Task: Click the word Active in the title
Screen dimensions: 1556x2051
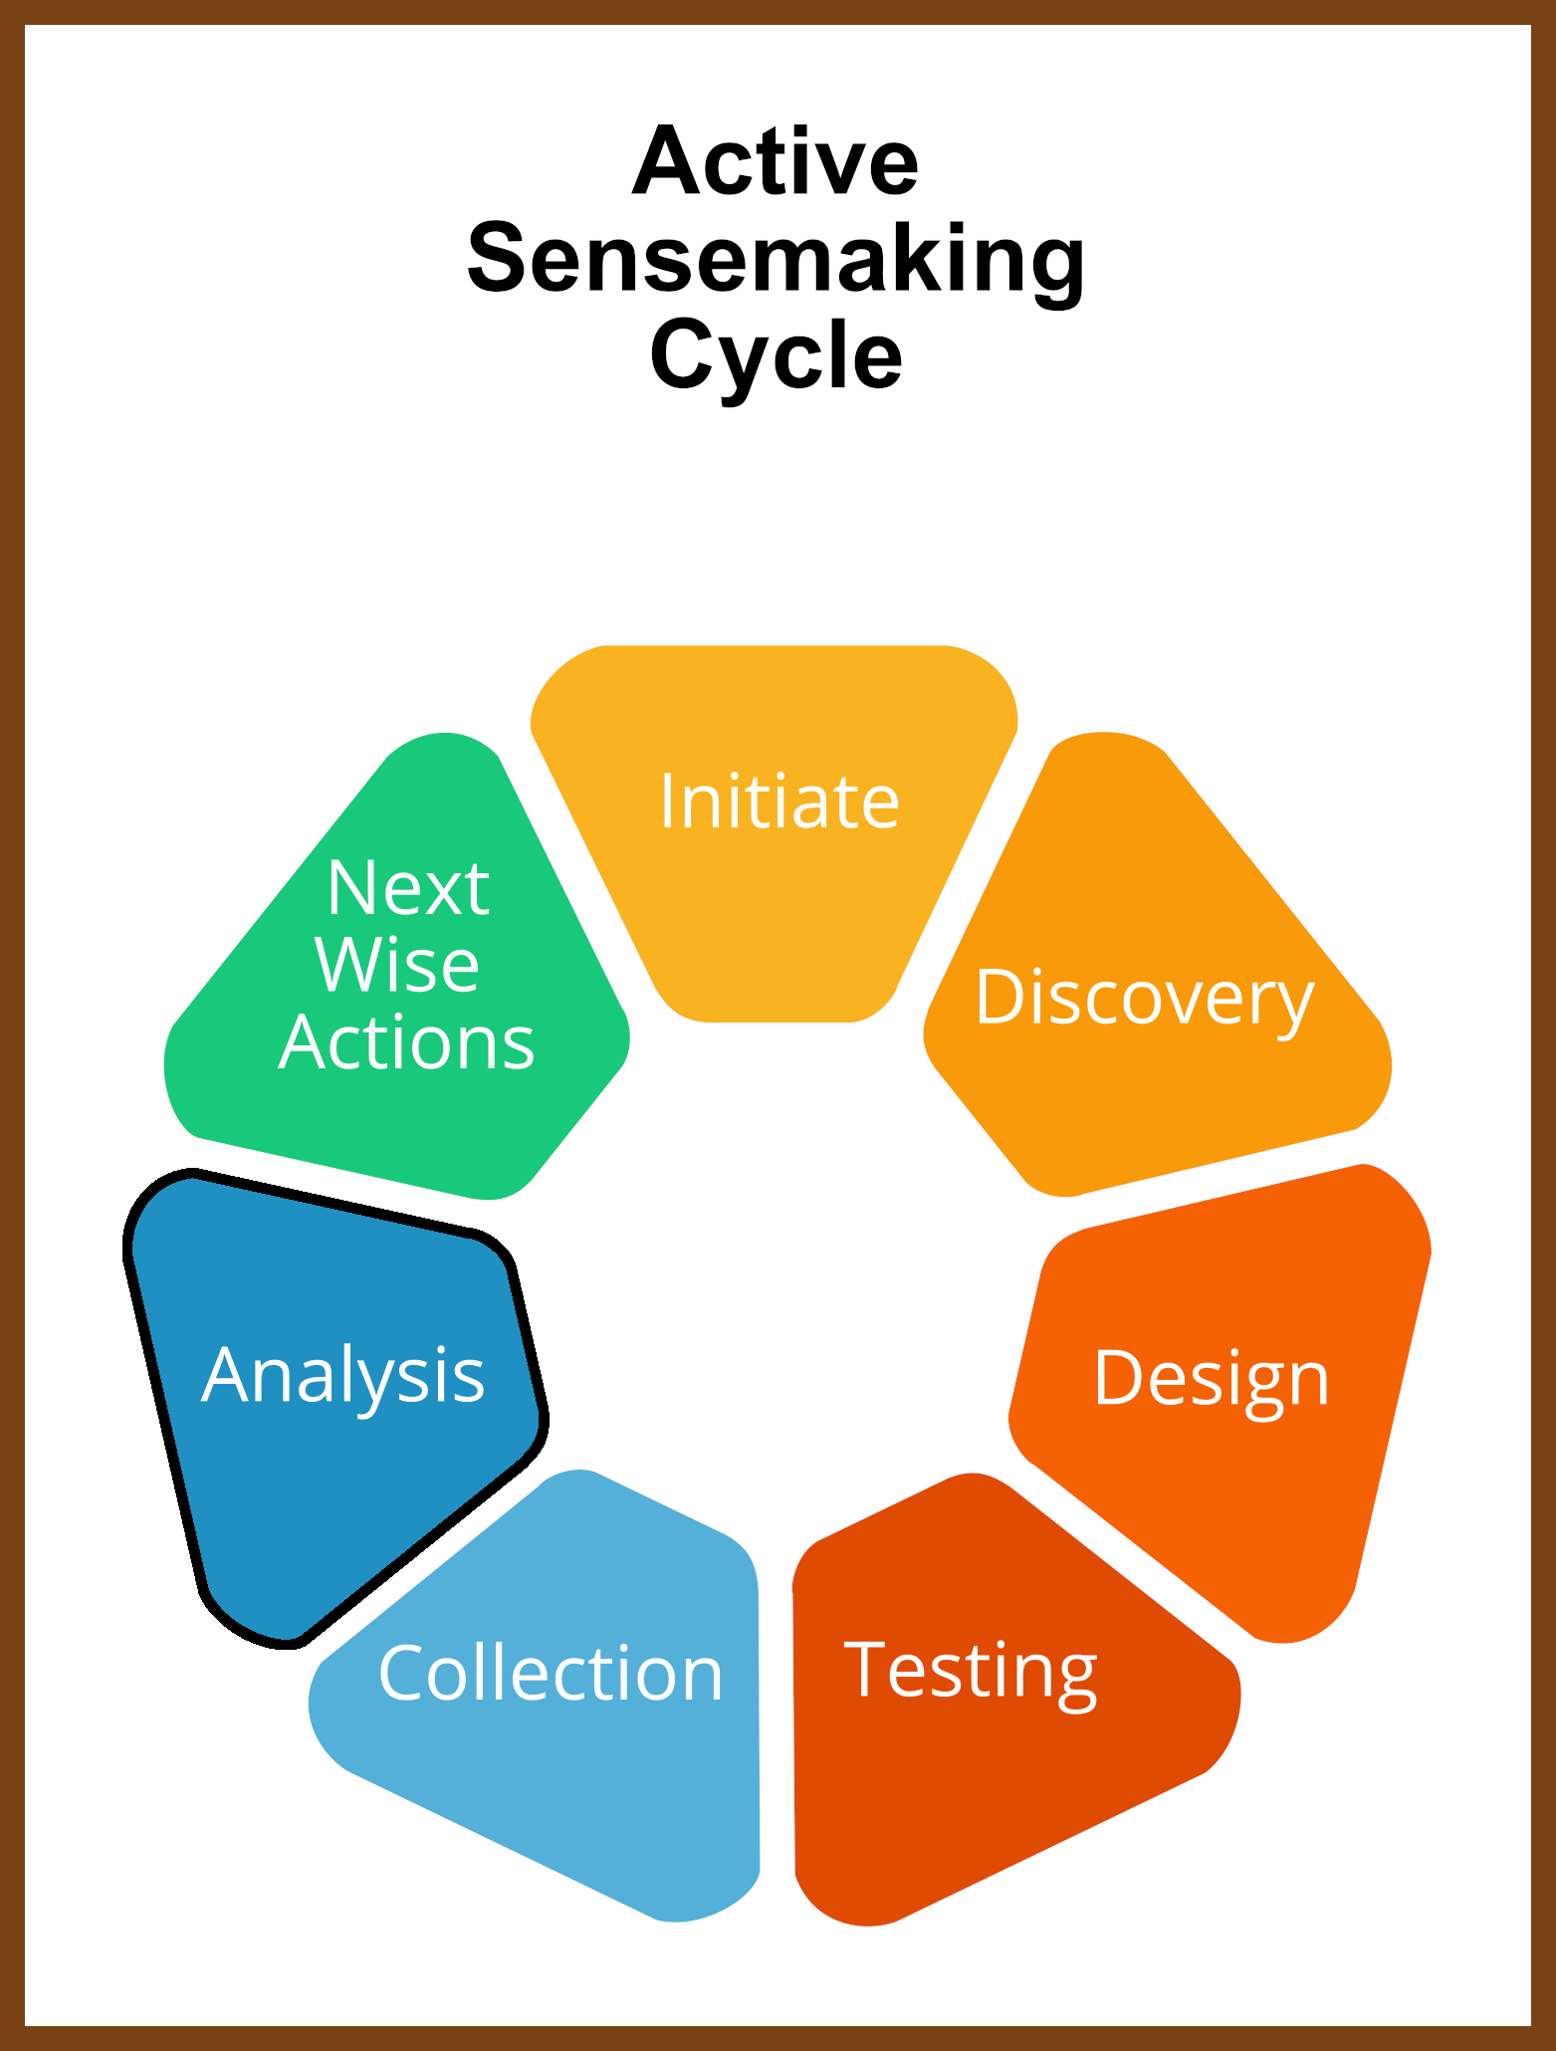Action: tap(776, 161)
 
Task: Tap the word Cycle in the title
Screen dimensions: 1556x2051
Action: tap(776, 356)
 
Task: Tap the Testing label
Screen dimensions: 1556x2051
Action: tap(971, 1673)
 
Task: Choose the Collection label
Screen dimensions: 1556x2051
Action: tap(551, 1673)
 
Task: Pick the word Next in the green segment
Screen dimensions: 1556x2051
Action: tap(408, 887)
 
